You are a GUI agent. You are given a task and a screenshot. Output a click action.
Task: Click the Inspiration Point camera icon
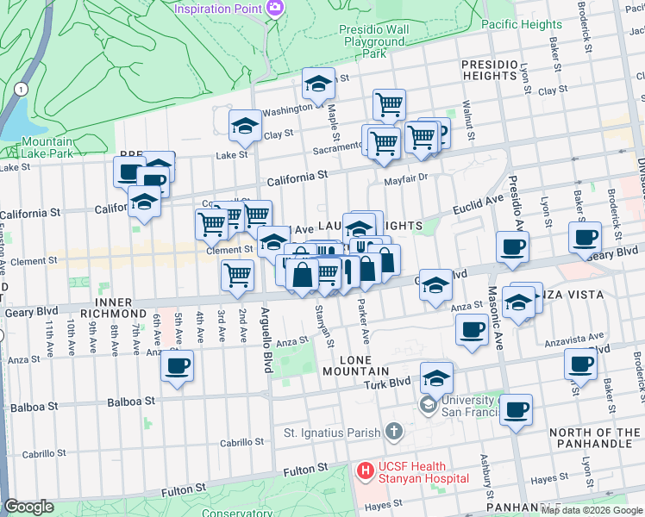point(275,8)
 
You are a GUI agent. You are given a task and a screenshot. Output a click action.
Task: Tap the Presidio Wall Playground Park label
point(374,40)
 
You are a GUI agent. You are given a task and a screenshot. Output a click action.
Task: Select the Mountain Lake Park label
point(47,147)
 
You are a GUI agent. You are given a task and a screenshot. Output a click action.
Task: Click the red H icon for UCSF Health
point(365,471)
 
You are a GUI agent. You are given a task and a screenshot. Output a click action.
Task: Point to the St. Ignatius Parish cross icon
point(393,431)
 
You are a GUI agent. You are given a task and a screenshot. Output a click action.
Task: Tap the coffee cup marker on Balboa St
point(177,366)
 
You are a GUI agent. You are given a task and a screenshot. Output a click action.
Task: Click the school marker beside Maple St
point(318,84)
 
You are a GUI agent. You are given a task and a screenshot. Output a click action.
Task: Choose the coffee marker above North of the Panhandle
point(516,411)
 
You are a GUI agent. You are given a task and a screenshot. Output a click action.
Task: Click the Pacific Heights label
point(522,24)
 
